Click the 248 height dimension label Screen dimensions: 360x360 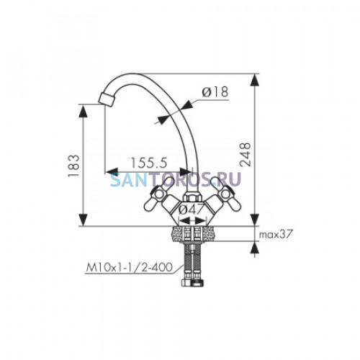coord(245,155)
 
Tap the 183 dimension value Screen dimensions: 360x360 coord(73,166)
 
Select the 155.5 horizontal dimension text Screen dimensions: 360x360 coord(148,163)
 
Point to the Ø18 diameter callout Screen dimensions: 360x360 coord(215,91)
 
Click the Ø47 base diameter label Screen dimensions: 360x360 coord(191,210)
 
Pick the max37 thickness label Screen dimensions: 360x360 coord(275,234)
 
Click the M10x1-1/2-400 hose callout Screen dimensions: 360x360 coord(129,267)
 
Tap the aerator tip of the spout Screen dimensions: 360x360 coord(107,99)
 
